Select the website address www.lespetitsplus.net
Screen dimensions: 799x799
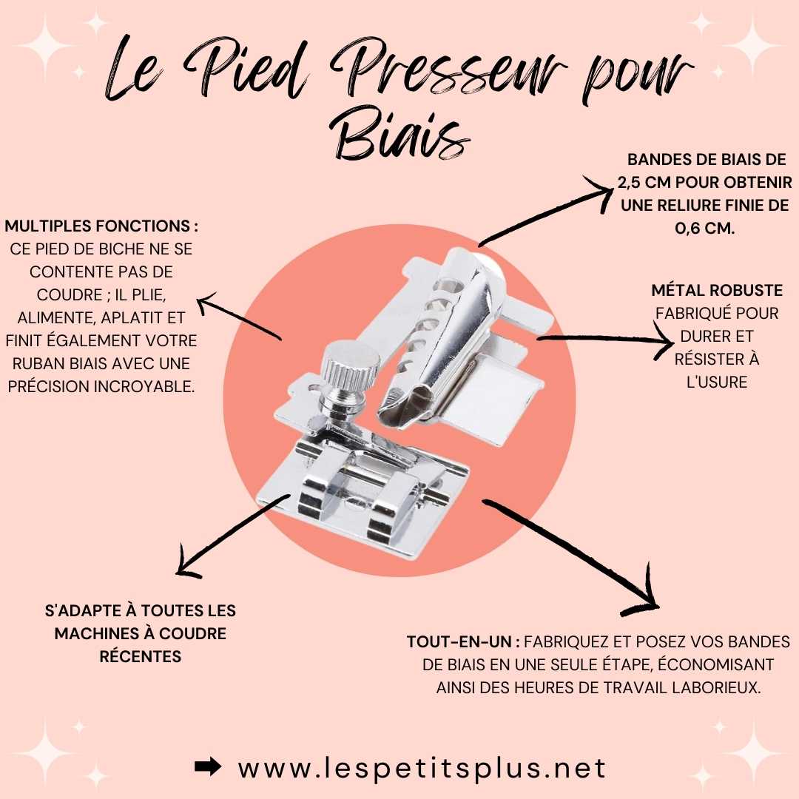pos(422,767)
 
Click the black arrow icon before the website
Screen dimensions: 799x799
pos(208,766)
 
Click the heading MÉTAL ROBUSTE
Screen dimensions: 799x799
pos(716,291)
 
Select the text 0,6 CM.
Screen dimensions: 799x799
pos(705,229)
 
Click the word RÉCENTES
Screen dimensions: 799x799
pos(140,656)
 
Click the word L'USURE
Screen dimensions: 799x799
pos(716,382)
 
